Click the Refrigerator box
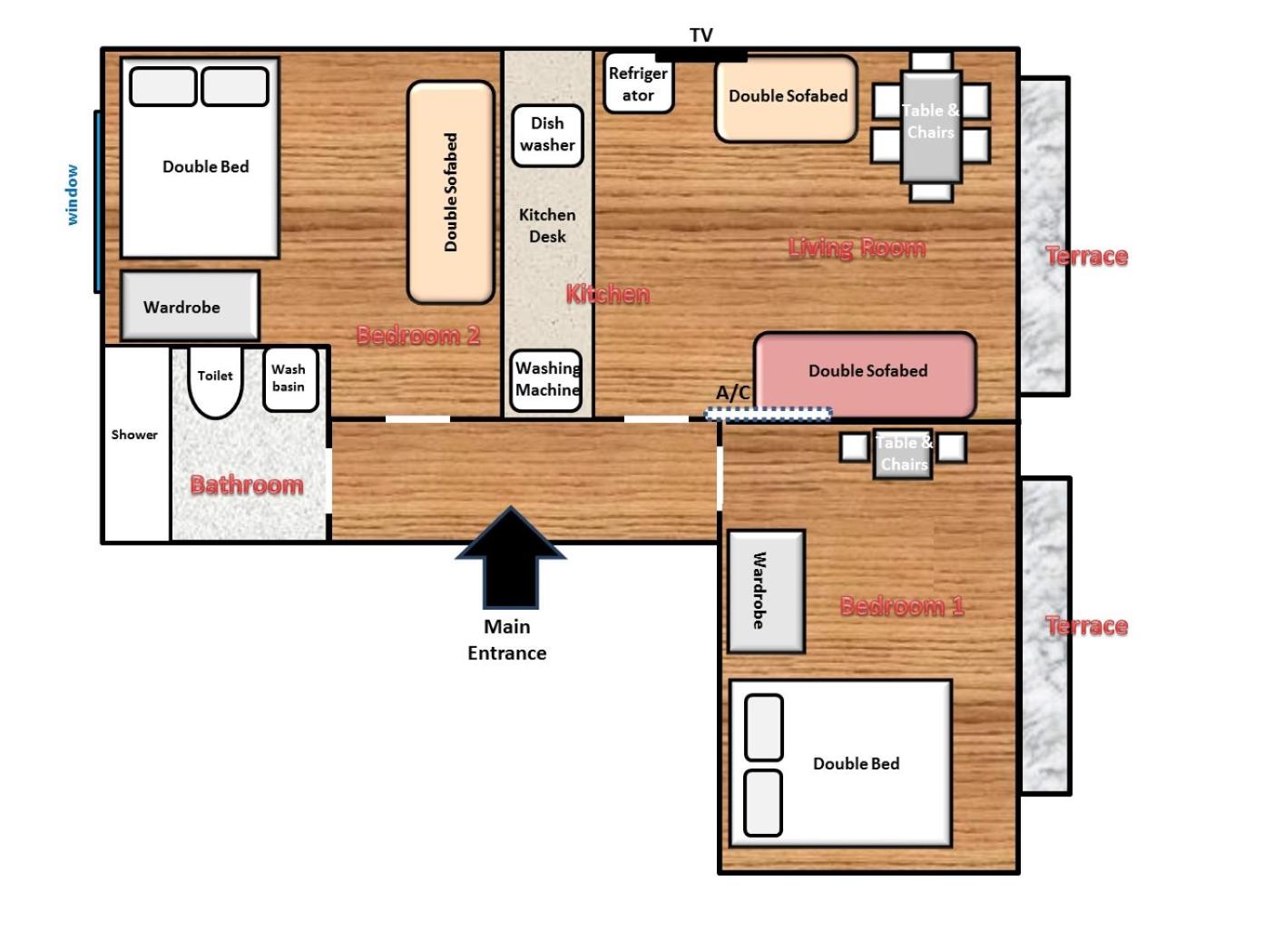click(638, 83)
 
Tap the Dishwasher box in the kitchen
click(547, 135)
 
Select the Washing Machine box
click(545, 380)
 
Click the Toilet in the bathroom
click(215, 381)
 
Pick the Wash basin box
click(290, 378)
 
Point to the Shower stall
click(136, 444)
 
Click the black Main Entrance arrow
click(510, 557)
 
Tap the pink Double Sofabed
click(865, 375)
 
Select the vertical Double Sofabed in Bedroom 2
click(450, 192)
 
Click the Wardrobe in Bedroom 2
click(190, 307)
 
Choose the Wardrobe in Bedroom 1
click(766, 592)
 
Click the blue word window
click(71, 195)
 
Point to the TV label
click(701, 35)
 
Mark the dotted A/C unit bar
click(768, 413)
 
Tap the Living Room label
click(857, 248)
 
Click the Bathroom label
click(247, 485)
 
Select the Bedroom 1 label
click(902, 605)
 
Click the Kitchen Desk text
click(547, 225)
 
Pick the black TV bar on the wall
click(701, 56)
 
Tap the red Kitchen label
click(608, 294)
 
